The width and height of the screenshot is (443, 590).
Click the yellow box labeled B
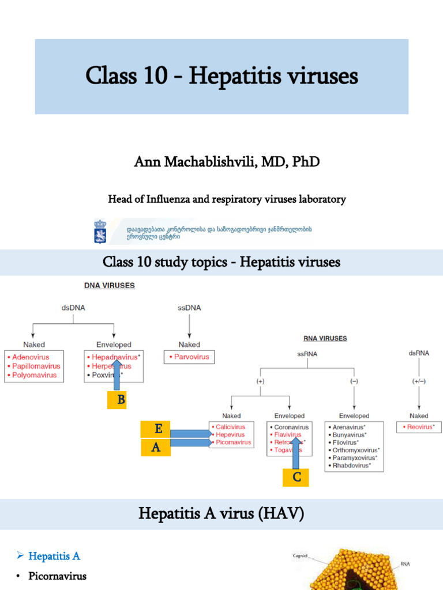[121, 399]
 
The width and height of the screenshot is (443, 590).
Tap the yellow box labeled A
[156, 448]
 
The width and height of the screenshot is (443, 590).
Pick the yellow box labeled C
[296, 476]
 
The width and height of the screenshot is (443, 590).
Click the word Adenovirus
[30, 357]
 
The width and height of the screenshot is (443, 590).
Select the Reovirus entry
[419, 427]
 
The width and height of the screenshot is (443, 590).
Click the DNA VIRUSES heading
[110, 285]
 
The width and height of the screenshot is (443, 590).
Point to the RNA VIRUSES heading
[325, 338]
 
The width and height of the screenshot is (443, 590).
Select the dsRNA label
[418, 353]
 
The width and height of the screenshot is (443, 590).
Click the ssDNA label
[189, 308]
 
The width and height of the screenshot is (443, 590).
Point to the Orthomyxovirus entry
[356, 450]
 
